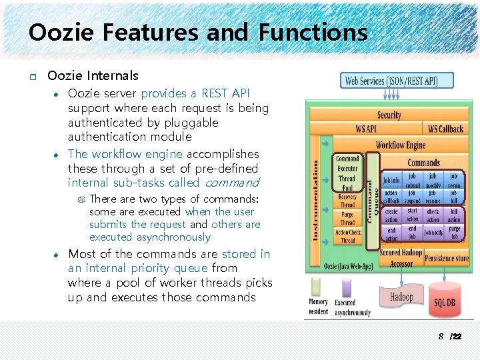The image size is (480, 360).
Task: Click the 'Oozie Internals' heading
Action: click(93, 76)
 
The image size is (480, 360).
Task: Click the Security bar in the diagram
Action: click(389, 115)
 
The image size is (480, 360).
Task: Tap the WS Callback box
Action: click(445, 129)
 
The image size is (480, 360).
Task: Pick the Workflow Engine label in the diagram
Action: click(400, 145)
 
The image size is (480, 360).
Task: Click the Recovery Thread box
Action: click(347, 201)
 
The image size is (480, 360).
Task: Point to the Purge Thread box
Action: click(347, 219)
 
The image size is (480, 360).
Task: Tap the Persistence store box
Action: click(446, 258)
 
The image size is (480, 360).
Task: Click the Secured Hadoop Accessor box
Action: click(401, 258)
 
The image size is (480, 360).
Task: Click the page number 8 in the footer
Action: click(441, 337)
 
